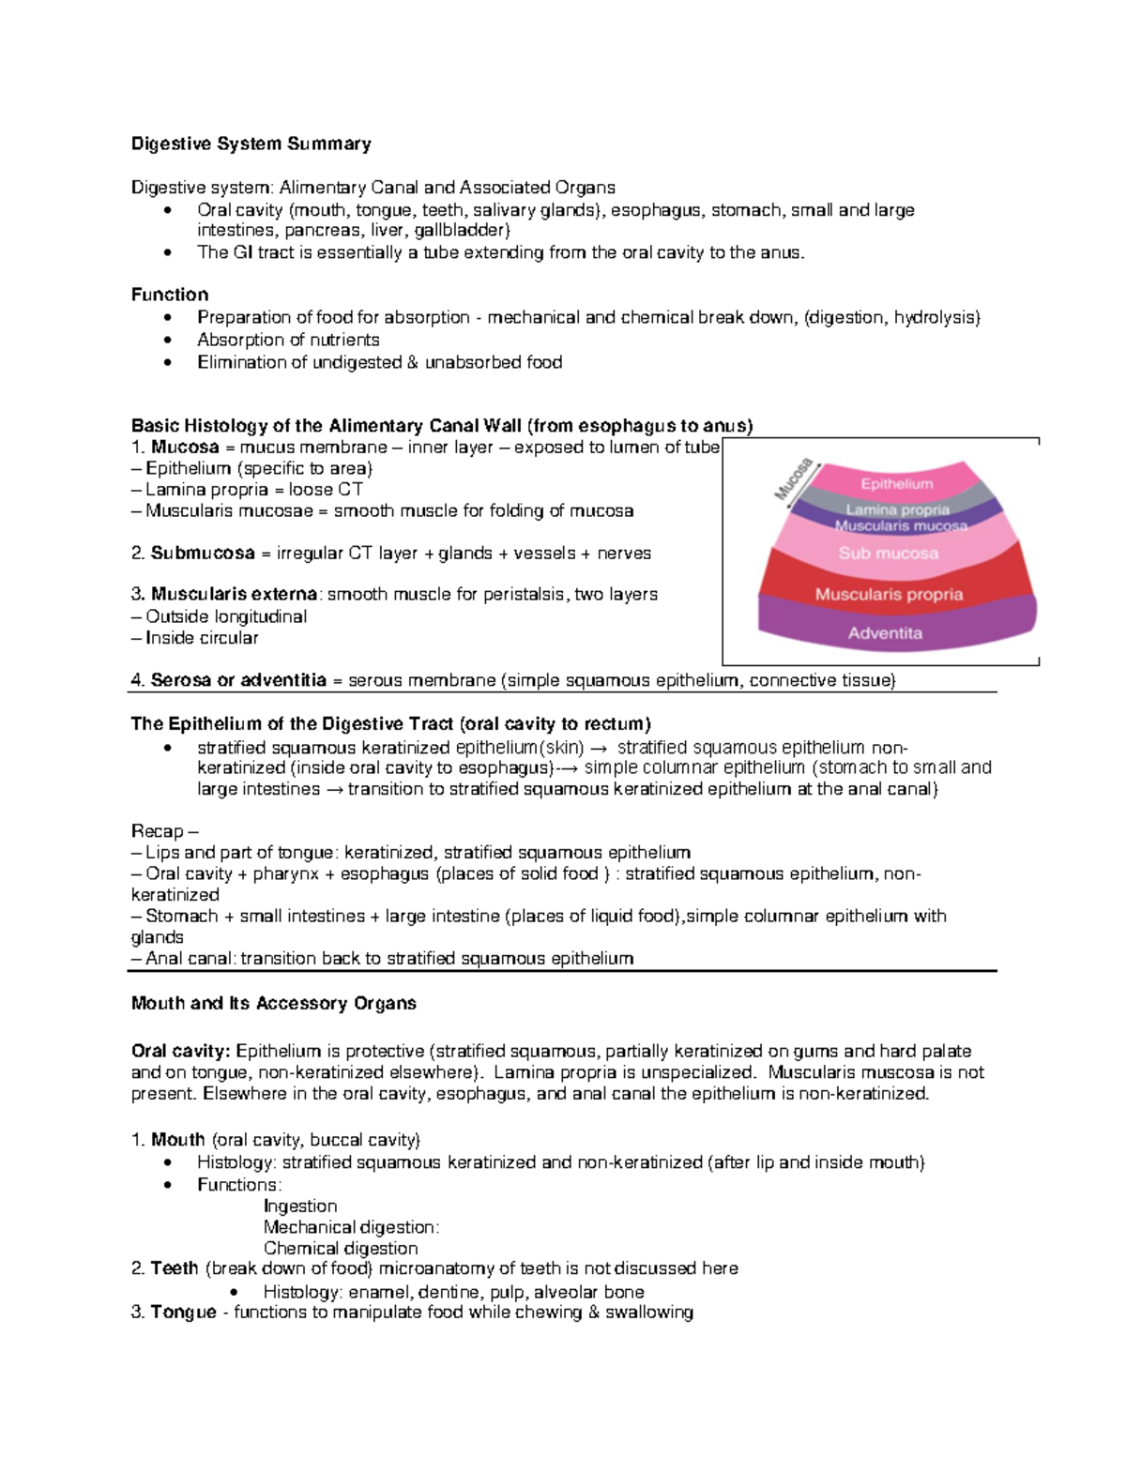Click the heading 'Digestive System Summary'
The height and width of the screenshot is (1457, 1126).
251,144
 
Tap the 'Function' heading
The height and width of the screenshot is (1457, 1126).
170,295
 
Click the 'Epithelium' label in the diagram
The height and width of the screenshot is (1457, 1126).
897,484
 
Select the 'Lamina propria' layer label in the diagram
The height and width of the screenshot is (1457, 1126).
897,509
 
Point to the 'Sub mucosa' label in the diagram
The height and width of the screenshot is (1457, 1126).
888,554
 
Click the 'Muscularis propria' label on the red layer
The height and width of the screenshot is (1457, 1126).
889,594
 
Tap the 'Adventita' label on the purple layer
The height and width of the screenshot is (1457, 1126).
885,633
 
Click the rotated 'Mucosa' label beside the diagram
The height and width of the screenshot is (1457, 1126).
793,478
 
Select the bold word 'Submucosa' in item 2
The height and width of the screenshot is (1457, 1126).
203,554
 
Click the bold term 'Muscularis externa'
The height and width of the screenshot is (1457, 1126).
234,594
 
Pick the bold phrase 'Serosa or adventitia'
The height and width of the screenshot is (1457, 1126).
238,680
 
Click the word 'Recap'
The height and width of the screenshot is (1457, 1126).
157,831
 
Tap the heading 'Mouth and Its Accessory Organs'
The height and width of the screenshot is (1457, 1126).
273,1003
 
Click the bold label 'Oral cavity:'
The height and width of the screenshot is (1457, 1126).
181,1051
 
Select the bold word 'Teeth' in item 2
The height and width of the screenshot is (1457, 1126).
175,1268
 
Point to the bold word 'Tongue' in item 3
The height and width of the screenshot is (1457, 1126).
183,1312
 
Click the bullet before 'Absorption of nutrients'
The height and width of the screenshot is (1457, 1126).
168,341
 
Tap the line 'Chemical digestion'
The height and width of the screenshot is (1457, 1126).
341,1248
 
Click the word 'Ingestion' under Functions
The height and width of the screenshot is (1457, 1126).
300,1206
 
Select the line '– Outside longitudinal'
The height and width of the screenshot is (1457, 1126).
220,616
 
